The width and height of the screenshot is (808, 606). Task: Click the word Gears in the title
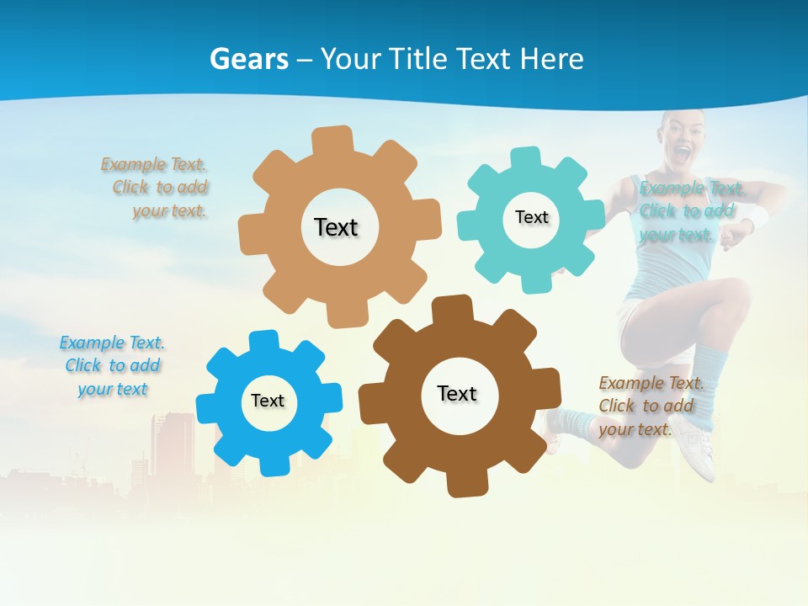[248, 59]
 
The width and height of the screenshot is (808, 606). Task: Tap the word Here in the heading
[550, 59]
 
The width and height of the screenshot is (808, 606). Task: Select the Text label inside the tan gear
[336, 227]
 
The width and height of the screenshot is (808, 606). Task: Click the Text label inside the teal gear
[531, 217]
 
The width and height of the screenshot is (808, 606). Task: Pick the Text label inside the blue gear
[268, 401]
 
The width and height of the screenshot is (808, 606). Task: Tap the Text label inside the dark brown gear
[457, 393]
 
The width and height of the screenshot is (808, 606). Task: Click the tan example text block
[157, 188]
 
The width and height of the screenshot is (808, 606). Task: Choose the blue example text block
[112, 365]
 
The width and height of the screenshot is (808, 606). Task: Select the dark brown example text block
[650, 406]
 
